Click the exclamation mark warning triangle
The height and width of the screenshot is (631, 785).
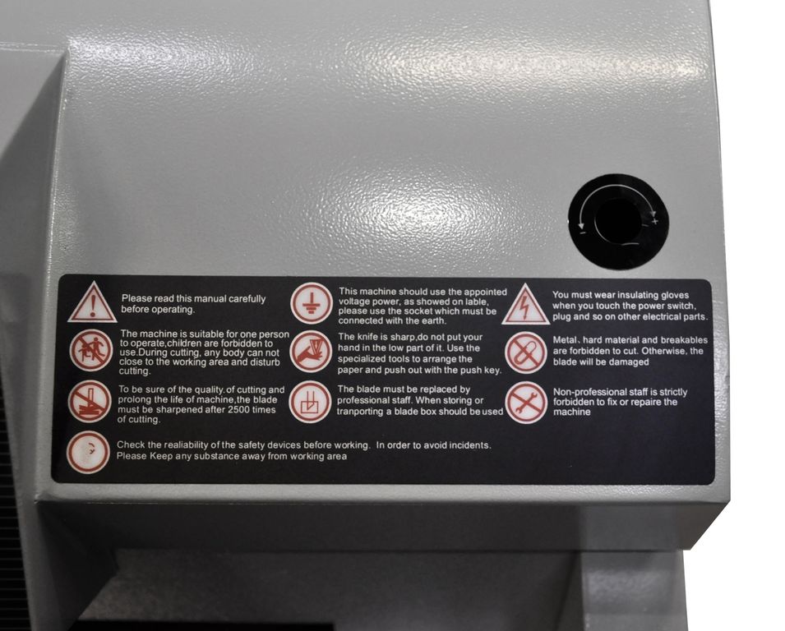[x=92, y=303]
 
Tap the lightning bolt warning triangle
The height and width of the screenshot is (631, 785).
[x=525, y=305]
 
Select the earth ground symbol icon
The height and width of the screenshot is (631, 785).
[x=311, y=303]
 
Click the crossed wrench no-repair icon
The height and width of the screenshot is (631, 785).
[x=526, y=403]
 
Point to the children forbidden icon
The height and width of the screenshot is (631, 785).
[x=91, y=350]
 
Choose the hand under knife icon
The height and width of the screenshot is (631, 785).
[x=311, y=352]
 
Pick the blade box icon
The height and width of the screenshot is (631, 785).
[x=310, y=402]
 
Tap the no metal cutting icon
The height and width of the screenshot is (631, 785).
[x=526, y=352]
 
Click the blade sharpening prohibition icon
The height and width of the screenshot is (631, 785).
[x=90, y=401]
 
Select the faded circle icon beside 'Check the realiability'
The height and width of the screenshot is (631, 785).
[x=88, y=453]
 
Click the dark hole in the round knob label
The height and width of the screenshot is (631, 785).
[x=618, y=220]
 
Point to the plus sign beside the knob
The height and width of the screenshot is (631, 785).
[x=654, y=221]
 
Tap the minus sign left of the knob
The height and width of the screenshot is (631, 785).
[x=582, y=232]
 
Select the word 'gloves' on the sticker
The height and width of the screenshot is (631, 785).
[x=675, y=295]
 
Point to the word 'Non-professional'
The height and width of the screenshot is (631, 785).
[x=587, y=392]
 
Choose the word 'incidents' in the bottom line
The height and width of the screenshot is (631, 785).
[x=469, y=444]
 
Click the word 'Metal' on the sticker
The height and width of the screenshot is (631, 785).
[x=564, y=340]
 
